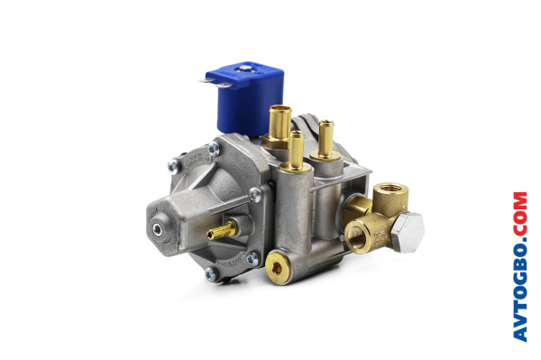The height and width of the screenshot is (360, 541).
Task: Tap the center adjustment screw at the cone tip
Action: pos(159,229)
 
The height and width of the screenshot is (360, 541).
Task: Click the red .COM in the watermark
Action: pos(520,217)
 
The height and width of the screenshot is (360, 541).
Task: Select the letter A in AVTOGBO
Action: pos(520,334)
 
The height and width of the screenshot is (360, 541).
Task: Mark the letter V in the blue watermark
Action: pos(520,318)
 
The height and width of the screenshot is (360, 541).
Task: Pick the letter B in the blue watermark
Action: pos(520,268)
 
